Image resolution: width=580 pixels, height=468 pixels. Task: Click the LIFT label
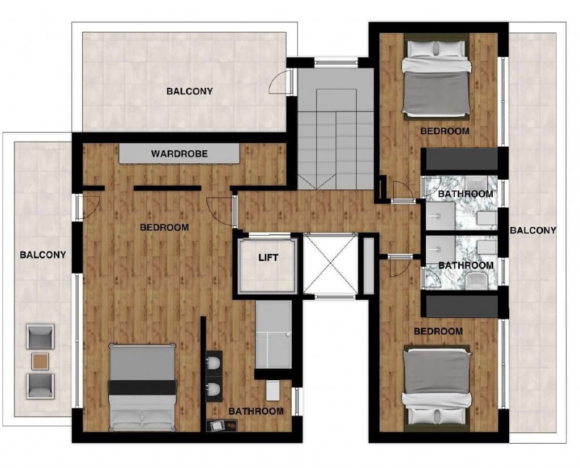(x=268, y=258)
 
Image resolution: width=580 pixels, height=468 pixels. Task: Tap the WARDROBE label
(x=179, y=154)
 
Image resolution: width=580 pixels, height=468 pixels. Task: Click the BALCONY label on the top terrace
(x=190, y=91)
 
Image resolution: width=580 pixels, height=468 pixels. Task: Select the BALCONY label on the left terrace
(x=43, y=254)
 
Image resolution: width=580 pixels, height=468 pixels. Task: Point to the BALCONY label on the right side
(x=533, y=230)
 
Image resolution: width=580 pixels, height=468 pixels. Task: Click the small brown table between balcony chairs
(x=40, y=360)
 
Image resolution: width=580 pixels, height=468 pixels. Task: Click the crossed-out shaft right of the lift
(x=331, y=264)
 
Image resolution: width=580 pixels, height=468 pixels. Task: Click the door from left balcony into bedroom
(x=88, y=207)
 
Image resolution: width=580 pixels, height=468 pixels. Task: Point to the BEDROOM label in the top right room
(x=445, y=131)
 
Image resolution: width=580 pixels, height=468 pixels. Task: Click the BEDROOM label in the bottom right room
(x=438, y=331)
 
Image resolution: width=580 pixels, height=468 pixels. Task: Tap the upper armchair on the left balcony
(x=40, y=337)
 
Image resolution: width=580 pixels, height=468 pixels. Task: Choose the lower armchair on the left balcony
(x=40, y=385)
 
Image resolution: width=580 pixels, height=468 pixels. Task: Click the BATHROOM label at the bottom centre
(x=255, y=411)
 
